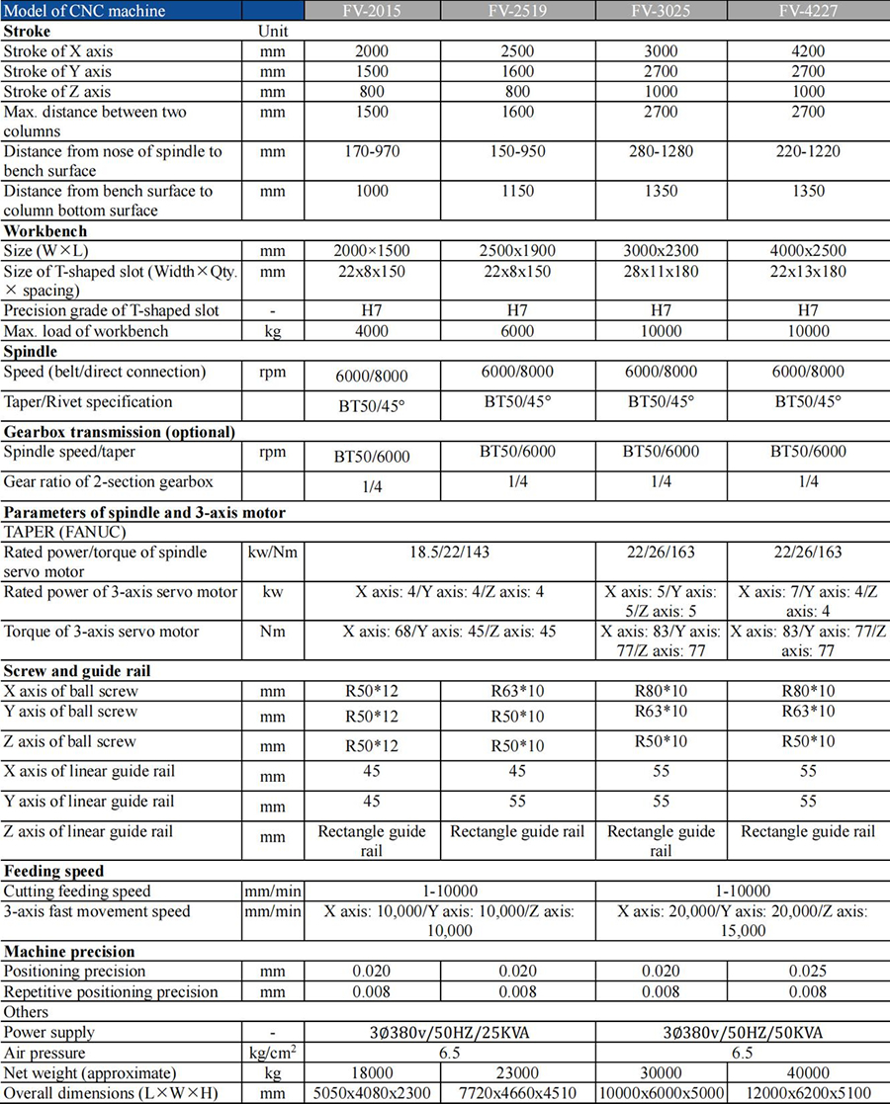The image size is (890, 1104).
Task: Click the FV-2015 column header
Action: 373,11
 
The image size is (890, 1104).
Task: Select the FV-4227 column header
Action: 808,11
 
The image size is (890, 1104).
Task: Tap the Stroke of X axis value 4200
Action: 808,50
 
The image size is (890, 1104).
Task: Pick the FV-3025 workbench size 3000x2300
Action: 661,251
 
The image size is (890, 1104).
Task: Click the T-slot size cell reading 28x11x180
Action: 661,271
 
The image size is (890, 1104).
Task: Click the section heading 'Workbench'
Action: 45,231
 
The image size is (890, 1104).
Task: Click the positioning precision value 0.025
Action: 808,972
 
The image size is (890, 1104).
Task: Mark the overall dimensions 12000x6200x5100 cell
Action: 808,1093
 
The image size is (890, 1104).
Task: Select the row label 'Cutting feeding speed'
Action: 78,891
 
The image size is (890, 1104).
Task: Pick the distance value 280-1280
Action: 661,151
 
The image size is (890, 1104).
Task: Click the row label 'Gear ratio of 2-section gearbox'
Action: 110,481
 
